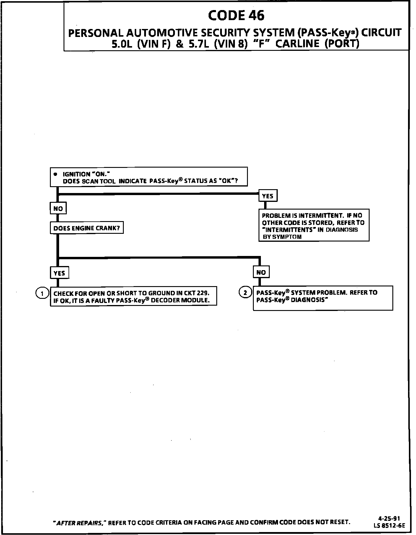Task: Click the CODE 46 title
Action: pyautogui.click(x=236, y=15)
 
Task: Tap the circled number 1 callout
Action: pyautogui.click(x=42, y=293)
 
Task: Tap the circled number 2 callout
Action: pyautogui.click(x=245, y=293)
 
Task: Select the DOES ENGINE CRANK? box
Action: pyautogui.click(x=87, y=228)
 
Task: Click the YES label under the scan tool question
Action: pyautogui.click(x=268, y=196)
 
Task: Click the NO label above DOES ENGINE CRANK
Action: pyautogui.click(x=58, y=208)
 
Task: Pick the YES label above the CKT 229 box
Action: pyautogui.click(x=59, y=273)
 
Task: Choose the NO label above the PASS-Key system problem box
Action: pyautogui.click(x=261, y=272)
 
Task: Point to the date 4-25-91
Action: pyautogui.click(x=389, y=518)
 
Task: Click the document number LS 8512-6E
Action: pyautogui.click(x=389, y=525)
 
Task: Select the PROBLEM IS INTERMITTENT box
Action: pyautogui.click(x=314, y=226)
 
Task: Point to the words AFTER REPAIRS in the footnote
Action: pyautogui.click(x=79, y=523)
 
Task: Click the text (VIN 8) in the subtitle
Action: pyautogui.click(x=230, y=44)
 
